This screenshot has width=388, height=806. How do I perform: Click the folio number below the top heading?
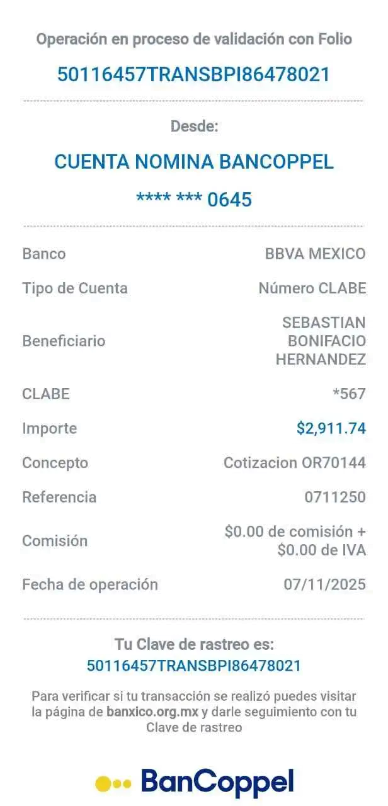(193, 74)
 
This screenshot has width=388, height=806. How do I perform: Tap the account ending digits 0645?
(230, 200)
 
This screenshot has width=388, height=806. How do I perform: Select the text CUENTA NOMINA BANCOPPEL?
(194, 161)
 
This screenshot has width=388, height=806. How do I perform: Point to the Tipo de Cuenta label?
(75, 288)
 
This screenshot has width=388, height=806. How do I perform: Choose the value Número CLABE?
(312, 288)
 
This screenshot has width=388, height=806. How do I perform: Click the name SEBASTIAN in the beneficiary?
(324, 322)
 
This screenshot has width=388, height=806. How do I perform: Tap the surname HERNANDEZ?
(321, 359)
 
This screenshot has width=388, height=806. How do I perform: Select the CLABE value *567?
(349, 394)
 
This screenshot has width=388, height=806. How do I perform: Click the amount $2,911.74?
(331, 428)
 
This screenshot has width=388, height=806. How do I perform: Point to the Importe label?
(50, 428)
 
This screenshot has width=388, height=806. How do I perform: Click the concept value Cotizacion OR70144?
(294, 462)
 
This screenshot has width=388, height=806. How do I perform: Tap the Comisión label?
(55, 540)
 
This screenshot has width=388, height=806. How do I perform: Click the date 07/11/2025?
(324, 584)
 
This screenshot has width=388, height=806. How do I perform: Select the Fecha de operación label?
(90, 584)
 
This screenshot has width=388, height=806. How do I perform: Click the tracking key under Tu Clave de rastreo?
(193, 666)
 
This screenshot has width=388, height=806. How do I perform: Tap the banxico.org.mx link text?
(152, 712)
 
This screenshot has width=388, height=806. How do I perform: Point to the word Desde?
(195, 126)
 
